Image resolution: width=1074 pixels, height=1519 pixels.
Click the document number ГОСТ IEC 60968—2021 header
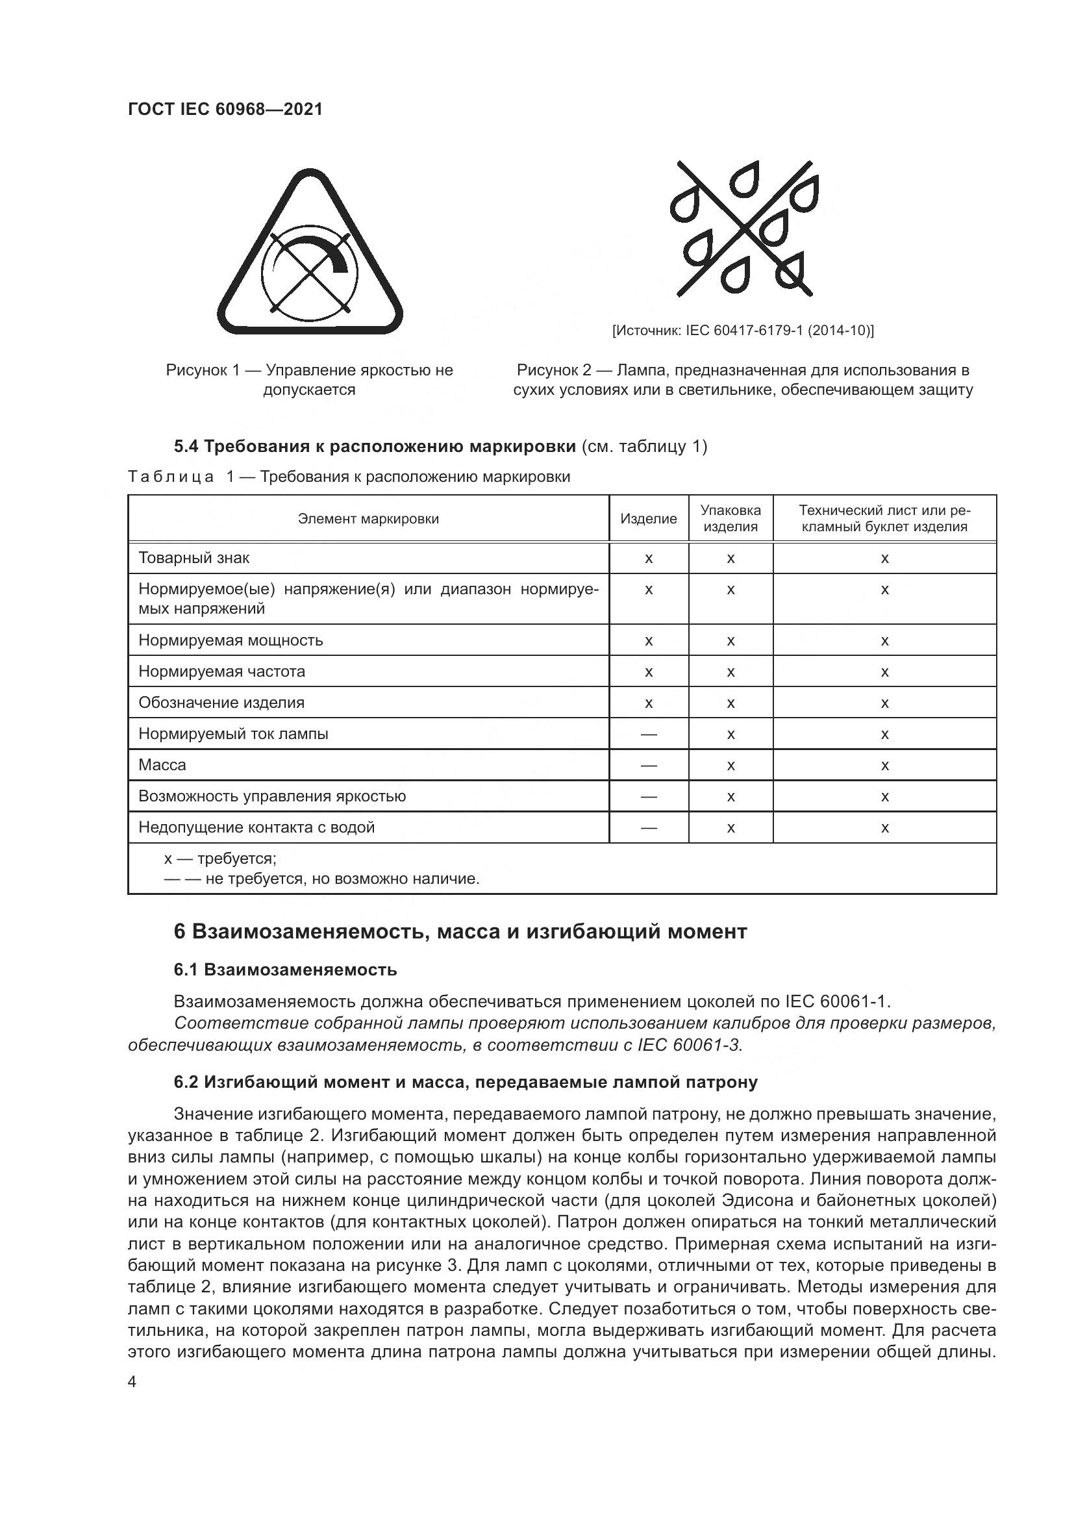pyautogui.click(x=225, y=109)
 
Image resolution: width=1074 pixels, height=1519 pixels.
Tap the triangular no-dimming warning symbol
pyautogui.click(x=310, y=255)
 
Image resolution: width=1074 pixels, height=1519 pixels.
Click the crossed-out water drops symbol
pyautogui.click(x=743, y=228)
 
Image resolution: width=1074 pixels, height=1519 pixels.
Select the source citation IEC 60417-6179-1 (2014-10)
pyautogui.click(x=743, y=330)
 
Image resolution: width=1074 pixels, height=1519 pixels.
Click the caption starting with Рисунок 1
pyautogui.click(x=310, y=380)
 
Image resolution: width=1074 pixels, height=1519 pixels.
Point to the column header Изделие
pyautogui.click(x=648, y=519)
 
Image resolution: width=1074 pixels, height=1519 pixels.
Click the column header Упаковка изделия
pyautogui.click(x=730, y=519)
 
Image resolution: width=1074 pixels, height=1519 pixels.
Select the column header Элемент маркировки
pyautogui.click(x=368, y=519)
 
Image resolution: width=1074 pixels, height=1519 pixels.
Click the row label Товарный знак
pyautogui.click(x=194, y=558)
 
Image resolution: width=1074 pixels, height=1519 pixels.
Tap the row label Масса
pyautogui.click(x=162, y=765)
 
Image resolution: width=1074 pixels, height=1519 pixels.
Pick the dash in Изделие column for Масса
pyautogui.click(x=648, y=766)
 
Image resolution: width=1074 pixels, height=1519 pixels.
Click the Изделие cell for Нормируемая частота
pyautogui.click(x=648, y=672)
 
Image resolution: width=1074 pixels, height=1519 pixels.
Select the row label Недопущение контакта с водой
pyautogui.click(x=256, y=827)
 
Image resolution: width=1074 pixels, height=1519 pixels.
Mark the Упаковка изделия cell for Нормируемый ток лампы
pyautogui.click(x=730, y=734)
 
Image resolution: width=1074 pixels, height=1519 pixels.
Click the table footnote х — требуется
pyautogui.click(x=220, y=859)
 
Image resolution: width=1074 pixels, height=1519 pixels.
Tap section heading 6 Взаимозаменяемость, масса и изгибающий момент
pyautogui.click(x=460, y=931)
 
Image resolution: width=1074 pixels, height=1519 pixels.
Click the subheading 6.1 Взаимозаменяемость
pyautogui.click(x=285, y=970)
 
